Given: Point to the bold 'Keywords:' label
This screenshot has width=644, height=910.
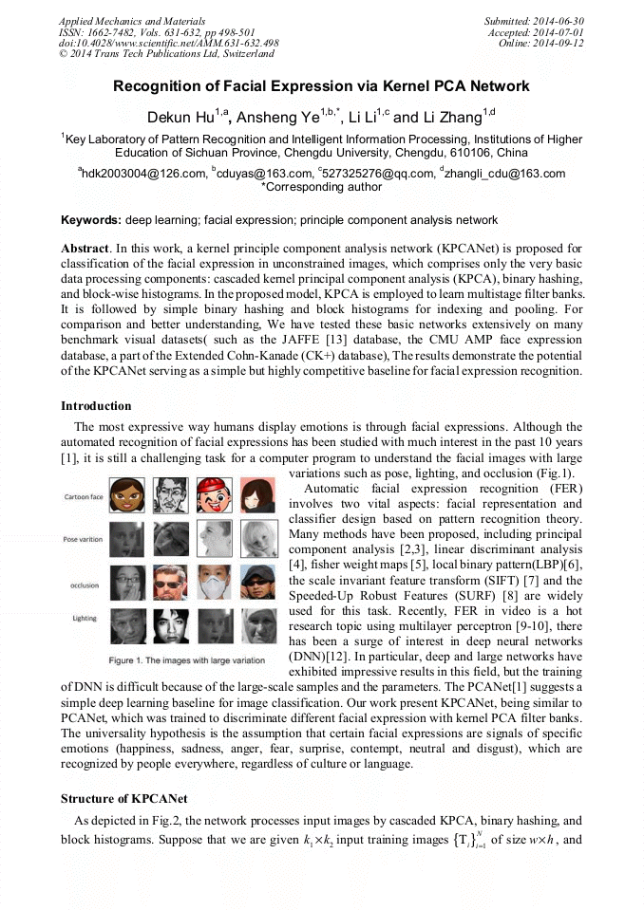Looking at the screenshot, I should [91, 220].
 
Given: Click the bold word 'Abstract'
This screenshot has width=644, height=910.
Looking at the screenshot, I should [85, 248].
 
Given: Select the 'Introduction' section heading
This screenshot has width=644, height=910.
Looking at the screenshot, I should [96, 406].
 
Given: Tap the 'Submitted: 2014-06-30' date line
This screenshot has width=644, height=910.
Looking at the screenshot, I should [534, 21].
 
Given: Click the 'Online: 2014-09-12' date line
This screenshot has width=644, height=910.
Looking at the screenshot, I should [540, 44].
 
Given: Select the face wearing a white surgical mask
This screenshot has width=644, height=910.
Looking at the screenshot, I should [213, 582].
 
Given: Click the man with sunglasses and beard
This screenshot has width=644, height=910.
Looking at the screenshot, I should [171, 582].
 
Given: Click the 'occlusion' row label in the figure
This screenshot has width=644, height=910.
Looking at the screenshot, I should [84, 585].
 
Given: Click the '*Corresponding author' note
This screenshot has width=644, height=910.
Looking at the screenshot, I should [321, 187].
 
